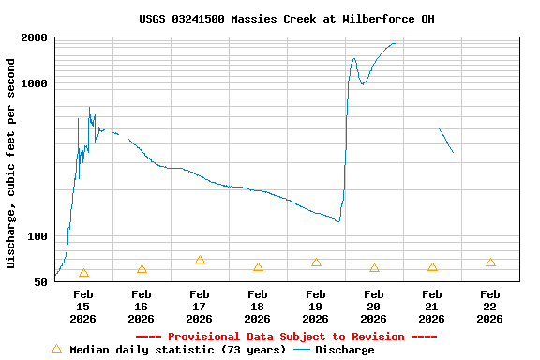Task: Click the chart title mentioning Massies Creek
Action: click(286, 19)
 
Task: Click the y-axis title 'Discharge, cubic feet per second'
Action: click(11, 163)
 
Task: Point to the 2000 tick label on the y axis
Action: click(35, 38)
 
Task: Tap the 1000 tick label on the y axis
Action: click(35, 83)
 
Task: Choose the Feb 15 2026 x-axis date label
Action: click(82, 307)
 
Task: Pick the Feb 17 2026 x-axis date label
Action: click(199, 307)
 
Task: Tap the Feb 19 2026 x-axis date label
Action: click(316, 307)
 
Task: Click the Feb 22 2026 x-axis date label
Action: click(489, 307)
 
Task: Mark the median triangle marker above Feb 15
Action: click(83, 273)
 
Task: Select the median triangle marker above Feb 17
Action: click(200, 260)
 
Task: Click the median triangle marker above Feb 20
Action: click(374, 268)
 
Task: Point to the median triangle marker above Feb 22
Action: click(490, 262)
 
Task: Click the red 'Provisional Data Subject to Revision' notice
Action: click(286, 337)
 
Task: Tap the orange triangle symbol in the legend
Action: click(56, 349)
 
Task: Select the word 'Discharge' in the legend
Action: click(344, 350)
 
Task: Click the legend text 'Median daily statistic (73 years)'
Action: click(177, 350)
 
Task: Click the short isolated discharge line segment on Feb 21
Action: click(446, 140)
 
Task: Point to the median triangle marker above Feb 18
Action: click(258, 267)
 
